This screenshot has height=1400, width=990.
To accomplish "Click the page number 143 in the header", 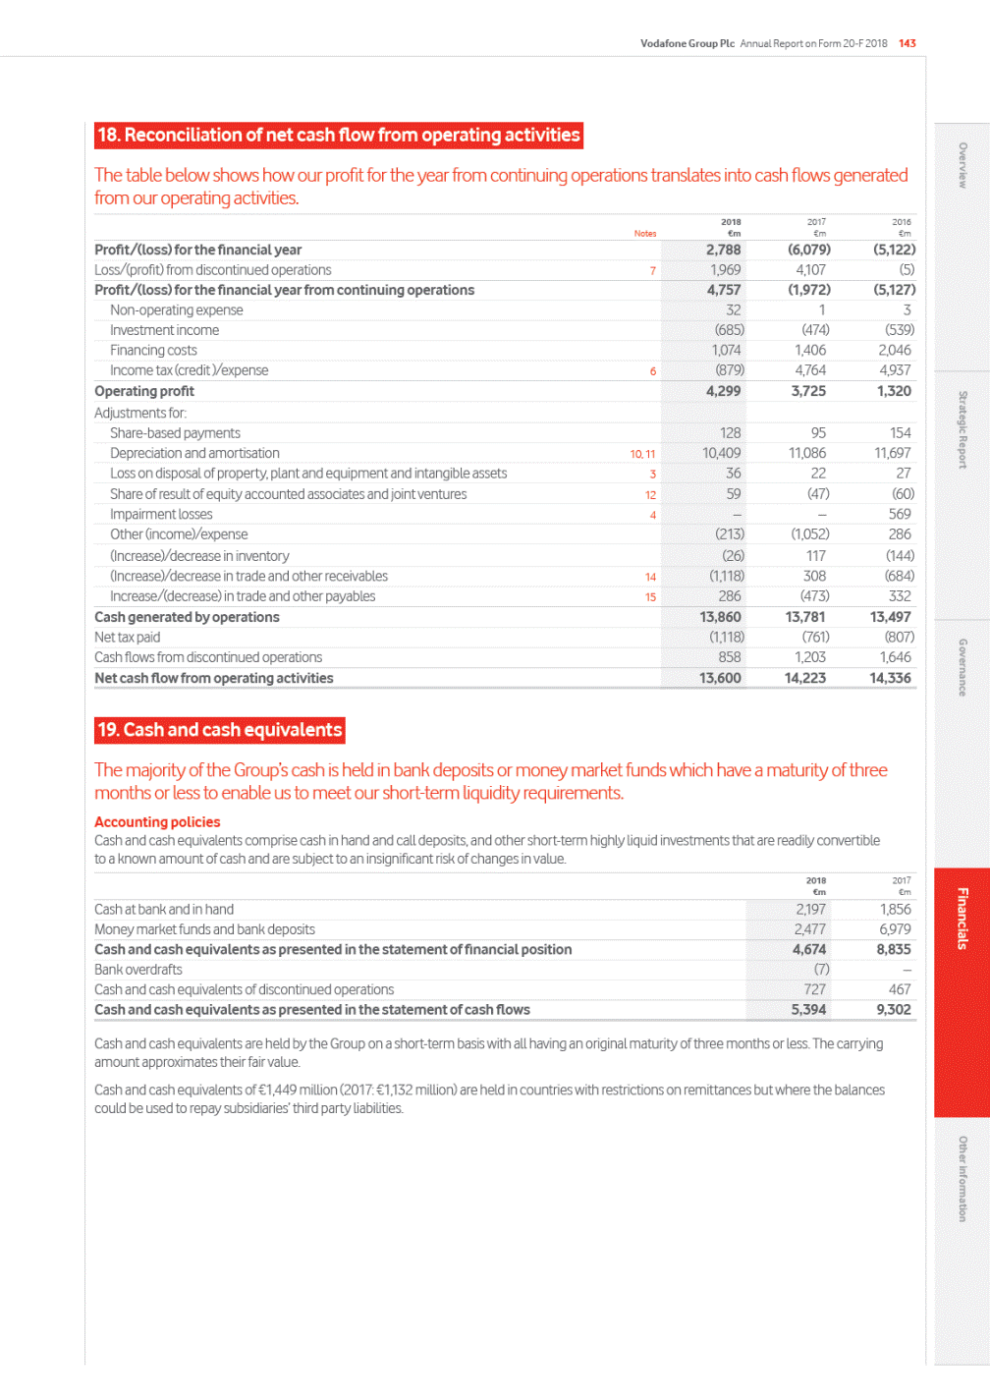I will (907, 43).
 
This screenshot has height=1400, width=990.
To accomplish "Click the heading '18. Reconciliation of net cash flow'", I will (339, 136).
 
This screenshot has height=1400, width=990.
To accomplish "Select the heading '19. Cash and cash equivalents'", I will (220, 730).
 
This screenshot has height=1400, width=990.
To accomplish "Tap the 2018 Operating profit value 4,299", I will (724, 391).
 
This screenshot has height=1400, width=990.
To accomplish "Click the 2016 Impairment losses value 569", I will (900, 514).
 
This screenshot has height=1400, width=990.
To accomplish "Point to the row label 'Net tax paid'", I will (128, 638).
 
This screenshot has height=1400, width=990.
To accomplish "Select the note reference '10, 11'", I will (642, 454).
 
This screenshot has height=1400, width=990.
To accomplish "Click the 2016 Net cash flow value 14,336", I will (891, 678).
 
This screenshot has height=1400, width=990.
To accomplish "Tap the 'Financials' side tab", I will (962, 919).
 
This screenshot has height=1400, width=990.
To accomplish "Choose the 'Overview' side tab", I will (962, 165).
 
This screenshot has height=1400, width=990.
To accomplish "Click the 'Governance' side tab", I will (962, 668).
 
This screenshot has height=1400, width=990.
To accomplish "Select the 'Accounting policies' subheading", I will (157, 822).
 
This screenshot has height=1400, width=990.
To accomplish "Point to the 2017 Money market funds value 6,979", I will (895, 929).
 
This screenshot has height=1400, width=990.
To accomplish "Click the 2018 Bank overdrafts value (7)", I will (821, 970).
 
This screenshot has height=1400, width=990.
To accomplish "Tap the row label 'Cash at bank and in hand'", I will (164, 910).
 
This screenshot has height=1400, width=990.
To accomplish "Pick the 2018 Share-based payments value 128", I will (730, 433).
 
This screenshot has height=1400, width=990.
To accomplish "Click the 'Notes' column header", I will (645, 234).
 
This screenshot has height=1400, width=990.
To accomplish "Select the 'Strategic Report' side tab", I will (962, 429).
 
